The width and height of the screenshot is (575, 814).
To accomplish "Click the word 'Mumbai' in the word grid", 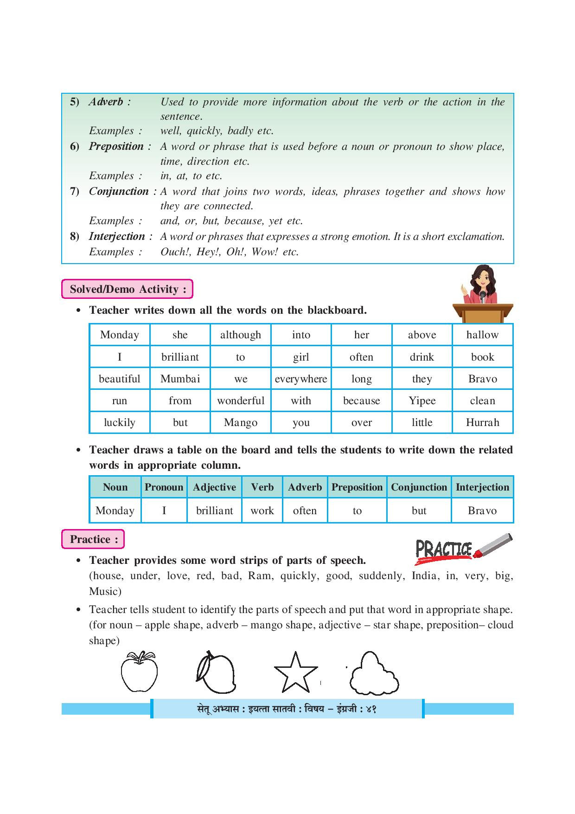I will [180, 379].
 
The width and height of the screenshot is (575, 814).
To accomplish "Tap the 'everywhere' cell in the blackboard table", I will [301, 379].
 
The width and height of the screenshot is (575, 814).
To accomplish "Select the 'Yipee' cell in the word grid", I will [422, 401].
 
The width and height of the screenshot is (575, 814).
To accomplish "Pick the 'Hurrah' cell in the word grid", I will [482, 422].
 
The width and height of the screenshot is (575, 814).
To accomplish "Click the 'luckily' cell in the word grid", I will [120, 422].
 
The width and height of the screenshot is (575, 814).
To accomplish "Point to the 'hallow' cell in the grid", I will [482, 335].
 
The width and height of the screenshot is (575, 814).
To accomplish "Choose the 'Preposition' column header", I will [357, 487].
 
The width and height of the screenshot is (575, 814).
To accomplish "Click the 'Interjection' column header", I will [482, 487].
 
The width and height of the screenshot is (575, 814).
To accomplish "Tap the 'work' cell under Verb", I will [262, 510].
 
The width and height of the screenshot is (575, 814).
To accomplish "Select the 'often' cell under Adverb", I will [305, 510].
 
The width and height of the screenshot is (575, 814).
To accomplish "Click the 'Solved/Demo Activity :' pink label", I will [128, 289].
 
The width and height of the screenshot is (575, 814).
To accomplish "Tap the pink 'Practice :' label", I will [93, 539].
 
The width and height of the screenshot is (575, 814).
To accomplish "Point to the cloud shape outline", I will [374, 673].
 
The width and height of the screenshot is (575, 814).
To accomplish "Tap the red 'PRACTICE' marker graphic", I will [463, 549].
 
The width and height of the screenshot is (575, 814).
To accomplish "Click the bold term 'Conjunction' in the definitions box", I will [119, 191].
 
